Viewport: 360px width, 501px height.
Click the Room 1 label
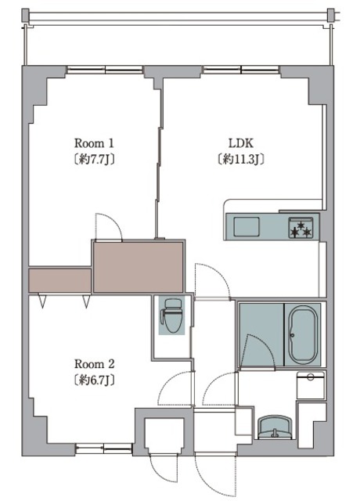[x=94, y=142]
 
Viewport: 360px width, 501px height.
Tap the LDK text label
[x=241, y=143]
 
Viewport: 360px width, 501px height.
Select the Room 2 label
[x=94, y=364]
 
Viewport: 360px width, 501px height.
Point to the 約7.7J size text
[x=94, y=159]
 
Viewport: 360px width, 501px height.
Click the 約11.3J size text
[x=241, y=159]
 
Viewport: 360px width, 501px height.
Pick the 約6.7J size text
[x=94, y=380]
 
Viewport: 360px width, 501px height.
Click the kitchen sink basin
[x=247, y=226]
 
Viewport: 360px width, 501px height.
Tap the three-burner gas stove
[x=301, y=228]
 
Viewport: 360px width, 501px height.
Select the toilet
[x=172, y=315]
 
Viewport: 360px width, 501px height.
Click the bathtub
[x=303, y=334]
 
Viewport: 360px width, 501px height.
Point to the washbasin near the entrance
[x=275, y=427]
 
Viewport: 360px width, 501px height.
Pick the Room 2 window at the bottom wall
[x=104, y=449]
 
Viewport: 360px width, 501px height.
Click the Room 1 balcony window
[x=105, y=70]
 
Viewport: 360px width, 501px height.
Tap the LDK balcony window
[x=241, y=70]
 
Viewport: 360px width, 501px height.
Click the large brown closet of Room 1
[x=138, y=267]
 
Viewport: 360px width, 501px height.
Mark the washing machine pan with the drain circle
[x=310, y=384]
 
